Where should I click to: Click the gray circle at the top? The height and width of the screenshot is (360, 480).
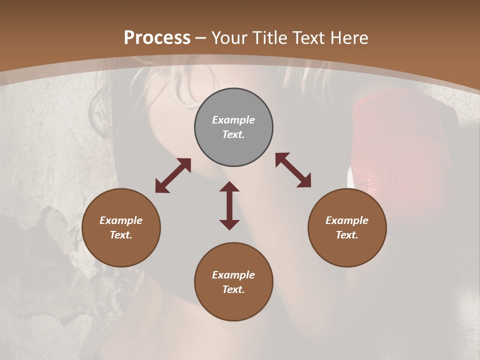[233, 127]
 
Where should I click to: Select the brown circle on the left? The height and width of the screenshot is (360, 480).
[121, 227]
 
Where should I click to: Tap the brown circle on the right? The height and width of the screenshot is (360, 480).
[347, 227]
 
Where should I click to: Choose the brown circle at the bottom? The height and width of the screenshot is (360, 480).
[233, 282]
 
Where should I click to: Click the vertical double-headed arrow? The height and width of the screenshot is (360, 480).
[229, 205]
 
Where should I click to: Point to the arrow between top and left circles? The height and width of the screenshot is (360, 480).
[173, 175]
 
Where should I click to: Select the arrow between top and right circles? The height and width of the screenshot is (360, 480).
[293, 170]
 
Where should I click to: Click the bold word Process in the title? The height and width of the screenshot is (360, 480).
[157, 38]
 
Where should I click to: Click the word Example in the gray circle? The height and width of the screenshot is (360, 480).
[233, 120]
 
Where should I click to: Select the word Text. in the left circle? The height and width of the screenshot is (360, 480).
[121, 235]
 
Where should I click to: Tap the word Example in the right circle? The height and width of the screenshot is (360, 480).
[347, 220]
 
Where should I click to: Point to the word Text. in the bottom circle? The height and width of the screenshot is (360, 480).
[233, 289]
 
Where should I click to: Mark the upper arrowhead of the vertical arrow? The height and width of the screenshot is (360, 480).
[229, 186]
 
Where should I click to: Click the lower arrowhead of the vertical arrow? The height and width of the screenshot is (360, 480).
[229, 224]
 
